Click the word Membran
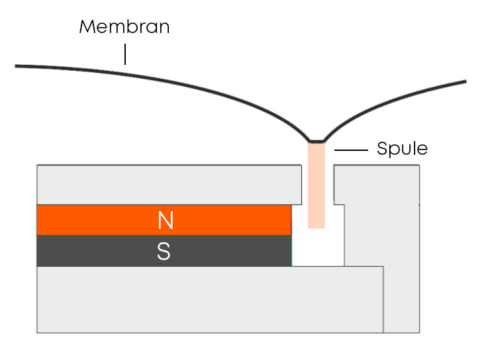124,27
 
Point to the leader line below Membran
124,54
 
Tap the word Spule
402,149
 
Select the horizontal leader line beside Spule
351,151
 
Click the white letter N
165,220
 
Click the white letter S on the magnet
164,251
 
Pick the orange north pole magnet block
99,220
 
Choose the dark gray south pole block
99,251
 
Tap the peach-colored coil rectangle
316,185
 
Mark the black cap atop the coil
316,142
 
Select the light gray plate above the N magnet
166,184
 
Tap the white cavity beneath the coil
318,248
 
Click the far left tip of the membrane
17,66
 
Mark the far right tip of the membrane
465,81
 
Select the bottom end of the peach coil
316,227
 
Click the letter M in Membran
88,27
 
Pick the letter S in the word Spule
381,149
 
